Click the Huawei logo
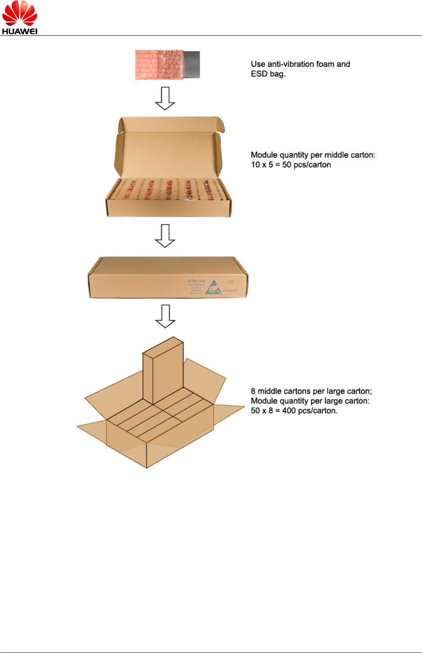[x=20, y=17]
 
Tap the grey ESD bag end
[x=192, y=65]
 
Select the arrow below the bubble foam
[x=165, y=98]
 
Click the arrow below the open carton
[x=165, y=236]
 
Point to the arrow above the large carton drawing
[x=165, y=316]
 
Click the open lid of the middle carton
[x=168, y=149]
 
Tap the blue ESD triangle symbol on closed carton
[x=213, y=287]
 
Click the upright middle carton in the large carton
[x=163, y=372]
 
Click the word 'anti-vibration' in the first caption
[x=291, y=64]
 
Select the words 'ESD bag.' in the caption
[x=268, y=74]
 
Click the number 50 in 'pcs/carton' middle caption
[x=287, y=165]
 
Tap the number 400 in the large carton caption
[x=289, y=411]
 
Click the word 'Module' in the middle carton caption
[x=264, y=155]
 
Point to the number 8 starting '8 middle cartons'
[x=253, y=391]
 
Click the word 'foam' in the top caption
[x=325, y=64]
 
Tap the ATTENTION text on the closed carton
[x=196, y=281]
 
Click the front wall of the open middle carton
[x=168, y=208]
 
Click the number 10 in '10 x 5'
[x=255, y=165]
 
